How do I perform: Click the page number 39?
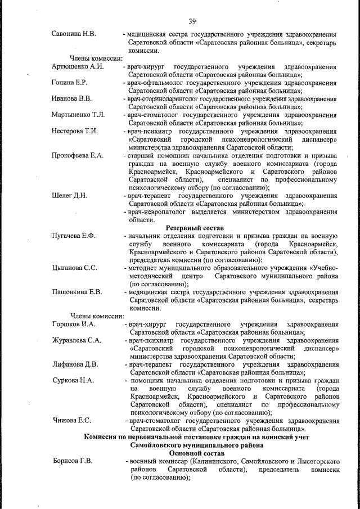click(x=192, y=21)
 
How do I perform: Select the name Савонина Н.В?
click(x=74, y=34)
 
